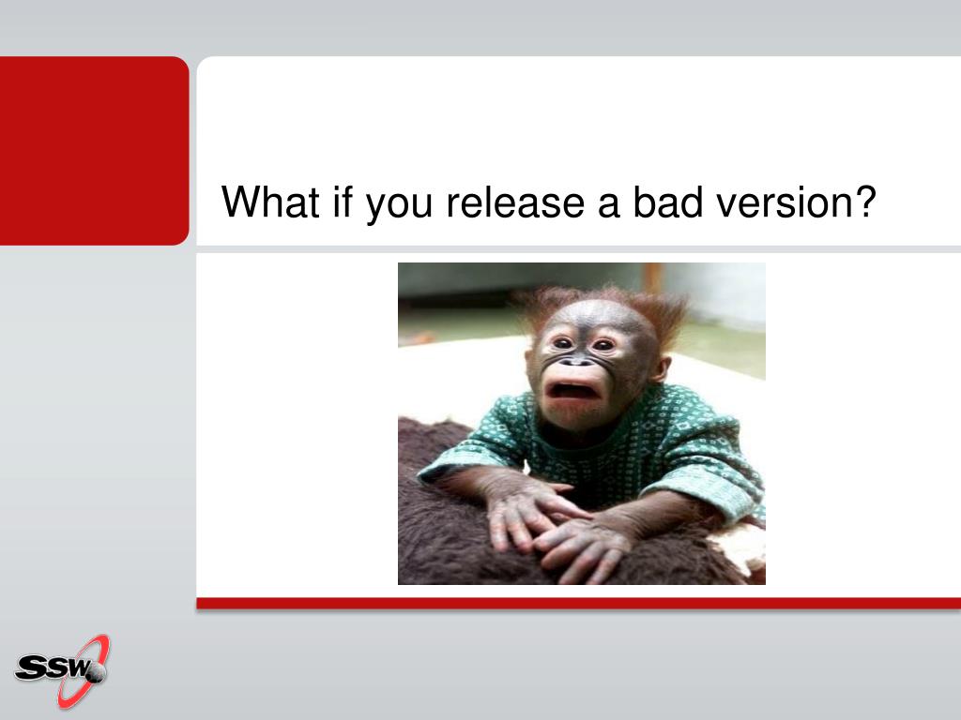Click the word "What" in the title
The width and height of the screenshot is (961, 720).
point(270,202)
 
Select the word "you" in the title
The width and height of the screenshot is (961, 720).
point(399,207)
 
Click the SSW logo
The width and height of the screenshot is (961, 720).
point(62,670)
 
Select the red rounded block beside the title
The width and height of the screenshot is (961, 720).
point(94,151)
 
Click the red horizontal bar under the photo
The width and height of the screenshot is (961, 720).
point(578,603)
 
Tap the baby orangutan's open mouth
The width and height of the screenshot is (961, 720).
point(572,392)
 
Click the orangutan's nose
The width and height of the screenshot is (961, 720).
point(575,361)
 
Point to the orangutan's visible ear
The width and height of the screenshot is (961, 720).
point(660,369)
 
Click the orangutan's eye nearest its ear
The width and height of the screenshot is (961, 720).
point(604,345)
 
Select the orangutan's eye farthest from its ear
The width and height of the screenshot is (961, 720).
point(562,343)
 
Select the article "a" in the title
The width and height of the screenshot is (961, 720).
point(608,206)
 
